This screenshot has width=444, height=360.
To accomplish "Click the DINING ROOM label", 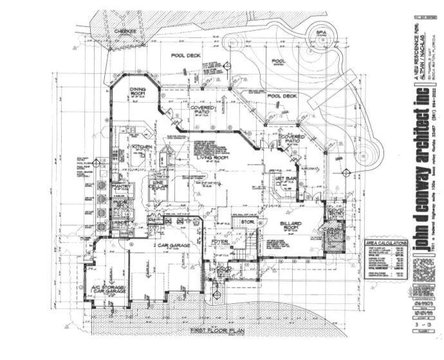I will pos(138,92).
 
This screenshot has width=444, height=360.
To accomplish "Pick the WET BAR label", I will pos(286,178).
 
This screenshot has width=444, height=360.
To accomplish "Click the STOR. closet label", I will pos(248,223).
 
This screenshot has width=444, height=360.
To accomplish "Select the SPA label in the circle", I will pos(320,32).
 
